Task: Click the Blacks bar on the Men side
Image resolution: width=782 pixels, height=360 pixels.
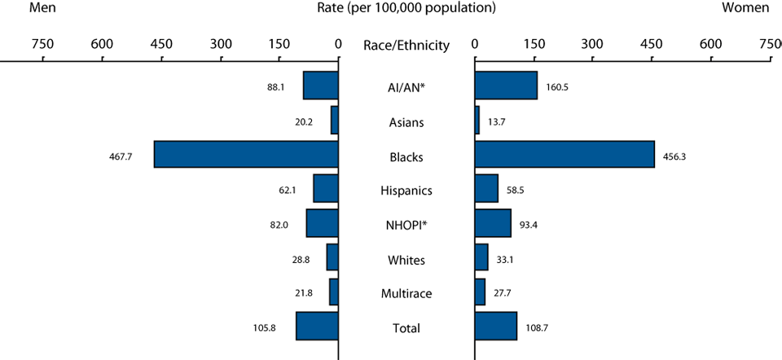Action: point(246,155)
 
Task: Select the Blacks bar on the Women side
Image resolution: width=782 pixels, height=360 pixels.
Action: point(564,155)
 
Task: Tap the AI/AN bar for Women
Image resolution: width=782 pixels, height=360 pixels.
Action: point(505,86)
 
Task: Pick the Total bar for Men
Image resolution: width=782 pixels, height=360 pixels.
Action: point(317,326)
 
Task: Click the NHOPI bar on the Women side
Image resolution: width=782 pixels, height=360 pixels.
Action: point(493,223)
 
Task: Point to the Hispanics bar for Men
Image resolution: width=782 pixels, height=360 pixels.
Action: point(326,189)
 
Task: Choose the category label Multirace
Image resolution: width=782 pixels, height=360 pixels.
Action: point(406,293)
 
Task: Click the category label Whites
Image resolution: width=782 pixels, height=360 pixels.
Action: point(406,259)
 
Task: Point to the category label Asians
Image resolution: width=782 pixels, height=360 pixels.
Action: point(406,122)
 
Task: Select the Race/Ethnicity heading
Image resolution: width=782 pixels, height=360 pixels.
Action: point(406,46)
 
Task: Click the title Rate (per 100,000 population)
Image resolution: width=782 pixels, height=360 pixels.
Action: point(405,8)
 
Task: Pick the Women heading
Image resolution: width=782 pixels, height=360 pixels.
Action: point(745,8)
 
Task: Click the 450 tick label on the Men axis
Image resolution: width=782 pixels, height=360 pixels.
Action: point(160,45)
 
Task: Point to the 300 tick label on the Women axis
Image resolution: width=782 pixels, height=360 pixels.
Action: point(592,45)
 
